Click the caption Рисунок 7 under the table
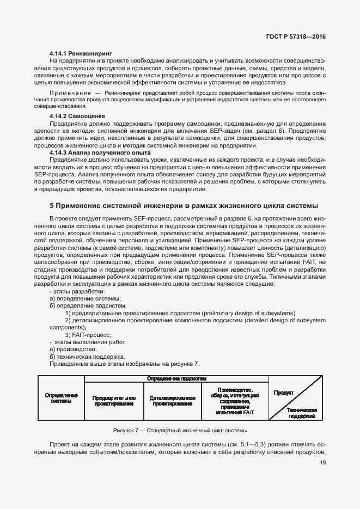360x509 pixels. coord(180,430)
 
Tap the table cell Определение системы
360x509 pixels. coord(61,398)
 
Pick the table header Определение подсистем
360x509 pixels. coord(177,378)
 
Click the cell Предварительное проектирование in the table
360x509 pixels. coord(114,401)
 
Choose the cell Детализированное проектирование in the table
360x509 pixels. coord(172,401)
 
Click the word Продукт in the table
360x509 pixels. coord(284,392)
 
